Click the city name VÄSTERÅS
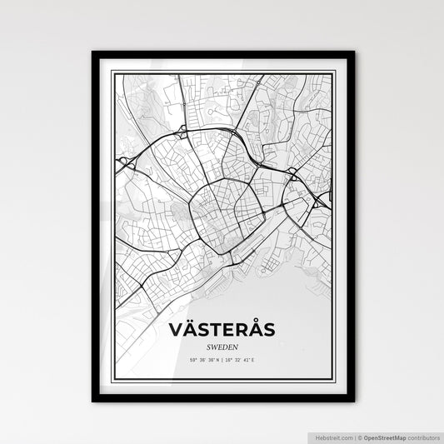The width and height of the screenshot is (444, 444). point(222,331)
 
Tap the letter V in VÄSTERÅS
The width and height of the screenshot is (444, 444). point(176,331)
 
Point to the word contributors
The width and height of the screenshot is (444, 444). point(422,437)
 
